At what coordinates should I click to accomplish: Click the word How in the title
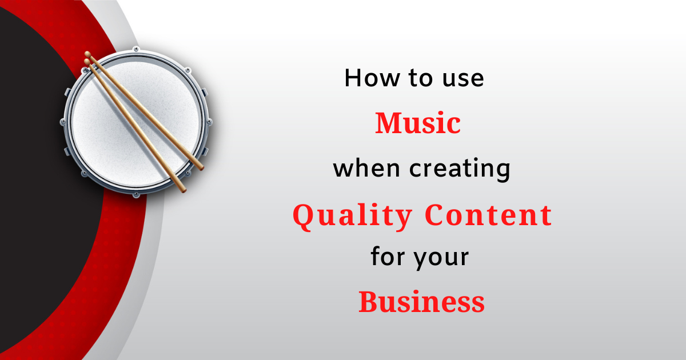[372, 78]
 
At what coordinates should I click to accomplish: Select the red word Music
[418, 123]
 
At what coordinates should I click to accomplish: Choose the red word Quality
[352, 216]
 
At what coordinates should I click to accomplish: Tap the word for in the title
[388, 255]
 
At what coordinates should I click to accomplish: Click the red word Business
[421, 302]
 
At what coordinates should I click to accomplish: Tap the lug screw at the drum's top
[135, 49]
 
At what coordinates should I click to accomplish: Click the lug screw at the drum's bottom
[136, 195]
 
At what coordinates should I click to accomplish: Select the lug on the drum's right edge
[209, 122]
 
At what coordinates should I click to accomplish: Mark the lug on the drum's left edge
[62, 122]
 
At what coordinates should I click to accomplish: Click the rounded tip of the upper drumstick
[88, 54]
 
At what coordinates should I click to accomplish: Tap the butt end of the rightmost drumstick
[201, 168]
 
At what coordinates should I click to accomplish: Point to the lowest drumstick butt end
[184, 190]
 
